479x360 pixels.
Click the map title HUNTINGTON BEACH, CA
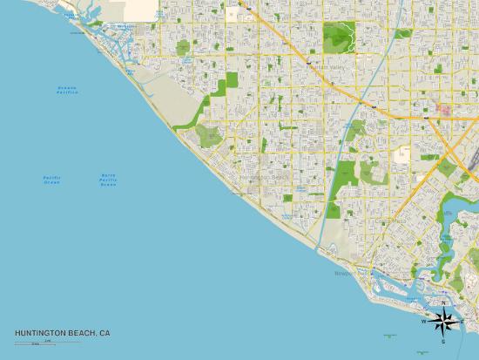[62, 333]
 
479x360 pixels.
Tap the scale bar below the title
[35, 343]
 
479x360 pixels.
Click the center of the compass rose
[442, 322]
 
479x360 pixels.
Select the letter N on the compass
[443, 303]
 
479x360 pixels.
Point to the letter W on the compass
[424, 322]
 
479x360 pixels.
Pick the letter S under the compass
[442, 341]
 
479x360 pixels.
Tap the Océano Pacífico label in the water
[67, 90]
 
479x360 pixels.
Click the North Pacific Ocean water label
[108, 180]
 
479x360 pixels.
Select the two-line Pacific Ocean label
[51, 180]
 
